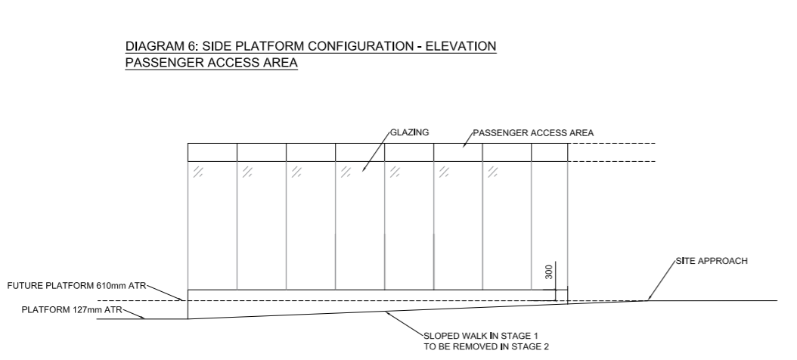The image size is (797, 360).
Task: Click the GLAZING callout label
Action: click(410, 132)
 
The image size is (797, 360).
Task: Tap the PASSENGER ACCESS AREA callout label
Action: click(533, 133)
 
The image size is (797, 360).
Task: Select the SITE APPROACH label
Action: click(712, 261)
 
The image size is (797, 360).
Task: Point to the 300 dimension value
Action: click(549, 272)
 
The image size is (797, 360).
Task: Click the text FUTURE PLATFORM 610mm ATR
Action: click(77, 286)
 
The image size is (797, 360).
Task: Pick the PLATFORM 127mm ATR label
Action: click(72, 309)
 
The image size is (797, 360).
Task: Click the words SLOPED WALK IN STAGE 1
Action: click(481, 336)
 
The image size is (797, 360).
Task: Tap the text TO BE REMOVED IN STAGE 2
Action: click(486, 347)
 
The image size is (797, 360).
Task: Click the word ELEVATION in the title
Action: click(461, 46)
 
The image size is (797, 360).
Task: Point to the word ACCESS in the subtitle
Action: click(235, 63)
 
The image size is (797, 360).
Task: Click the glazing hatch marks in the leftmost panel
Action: click(197, 172)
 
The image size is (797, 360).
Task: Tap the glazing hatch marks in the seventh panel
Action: click(492, 172)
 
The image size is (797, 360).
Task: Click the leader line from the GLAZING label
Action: click(376, 151)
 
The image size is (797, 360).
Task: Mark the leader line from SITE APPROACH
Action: click(662, 281)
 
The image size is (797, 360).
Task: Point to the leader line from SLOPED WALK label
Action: click(405, 324)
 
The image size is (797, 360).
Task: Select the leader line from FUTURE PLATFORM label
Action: click(165, 293)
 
